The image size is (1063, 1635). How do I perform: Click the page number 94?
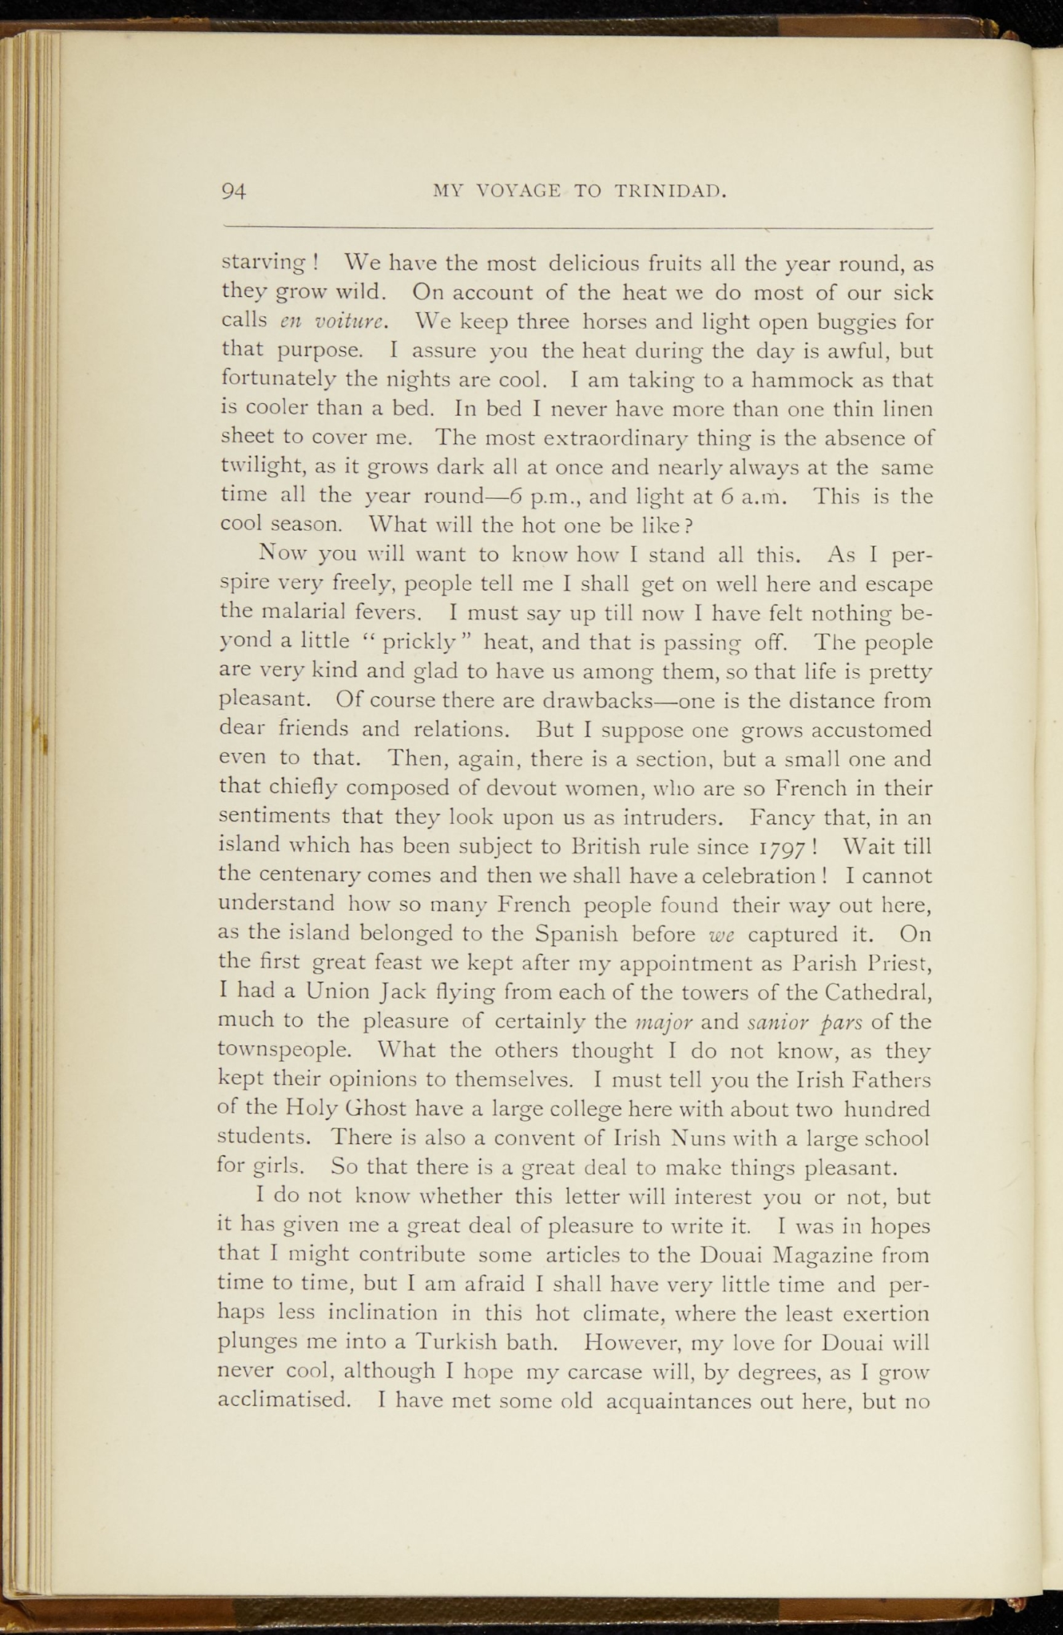click(234, 192)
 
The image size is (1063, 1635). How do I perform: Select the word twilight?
click(254, 467)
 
